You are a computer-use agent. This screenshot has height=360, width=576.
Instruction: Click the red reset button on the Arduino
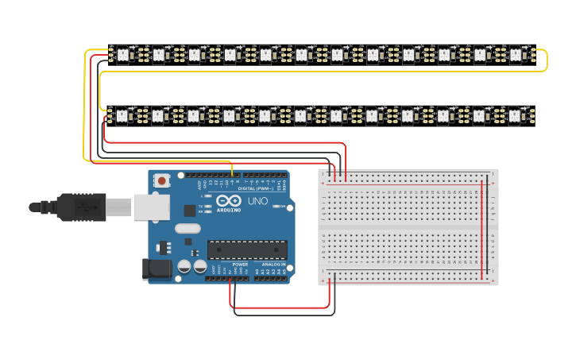tap(162, 180)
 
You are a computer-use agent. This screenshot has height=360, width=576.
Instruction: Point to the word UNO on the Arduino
tap(258, 201)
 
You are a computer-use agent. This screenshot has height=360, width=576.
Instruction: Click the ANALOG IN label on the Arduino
tap(273, 264)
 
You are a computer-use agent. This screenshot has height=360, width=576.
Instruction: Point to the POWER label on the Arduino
tap(240, 264)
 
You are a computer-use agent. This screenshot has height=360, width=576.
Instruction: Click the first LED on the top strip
tap(122, 55)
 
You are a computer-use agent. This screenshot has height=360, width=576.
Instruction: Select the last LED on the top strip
tap(515, 55)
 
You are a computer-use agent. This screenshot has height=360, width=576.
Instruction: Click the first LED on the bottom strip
tap(122, 116)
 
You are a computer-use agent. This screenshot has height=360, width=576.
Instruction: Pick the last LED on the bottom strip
tap(515, 116)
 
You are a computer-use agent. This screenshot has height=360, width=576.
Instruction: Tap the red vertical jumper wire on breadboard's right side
tap(481, 230)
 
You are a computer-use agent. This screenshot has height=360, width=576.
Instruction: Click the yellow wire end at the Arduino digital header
tap(232, 173)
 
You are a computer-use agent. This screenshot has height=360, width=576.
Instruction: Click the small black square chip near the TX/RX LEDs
tap(189, 210)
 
